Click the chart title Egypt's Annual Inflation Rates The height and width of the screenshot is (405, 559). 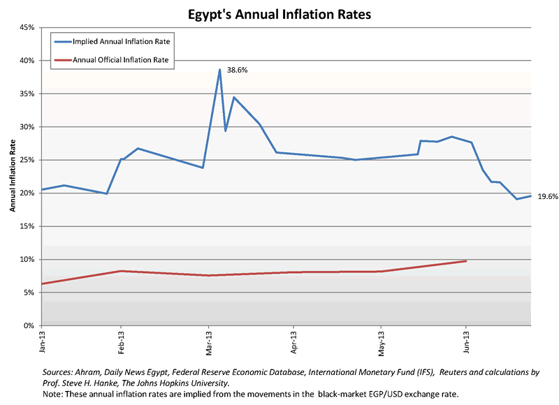click(279, 13)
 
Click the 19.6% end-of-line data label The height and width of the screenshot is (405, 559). click(546, 197)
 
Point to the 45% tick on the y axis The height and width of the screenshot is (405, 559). click(27, 28)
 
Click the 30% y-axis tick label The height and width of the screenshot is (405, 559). click(27, 127)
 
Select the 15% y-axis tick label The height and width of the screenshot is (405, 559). click(27, 226)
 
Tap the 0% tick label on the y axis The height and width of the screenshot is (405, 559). click(29, 325)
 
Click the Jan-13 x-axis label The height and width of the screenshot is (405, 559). click(42, 341)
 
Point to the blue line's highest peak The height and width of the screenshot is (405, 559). click(219, 70)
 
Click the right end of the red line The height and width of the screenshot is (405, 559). click(466, 261)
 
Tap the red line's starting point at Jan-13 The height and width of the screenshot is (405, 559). click(43, 283)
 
